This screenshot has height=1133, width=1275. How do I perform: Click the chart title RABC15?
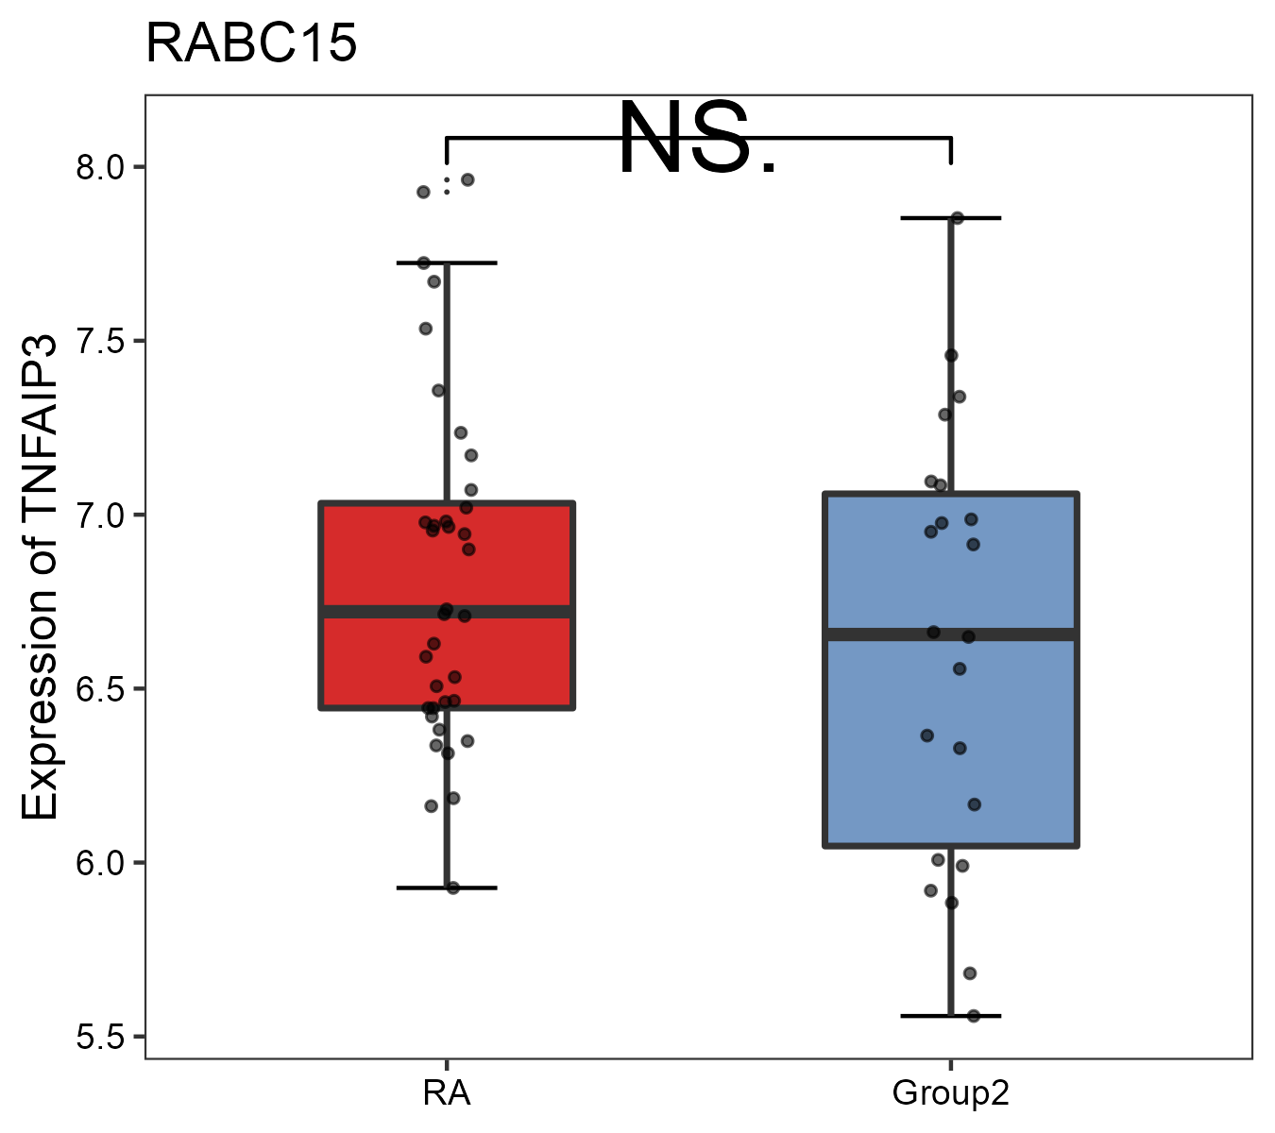click(x=251, y=43)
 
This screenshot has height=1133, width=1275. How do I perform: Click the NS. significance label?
click(x=697, y=140)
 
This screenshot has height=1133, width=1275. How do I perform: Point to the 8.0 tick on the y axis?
click(x=99, y=168)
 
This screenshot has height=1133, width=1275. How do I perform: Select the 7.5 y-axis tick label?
click(x=99, y=342)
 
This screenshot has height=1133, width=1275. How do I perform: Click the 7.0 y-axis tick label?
click(x=99, y=516)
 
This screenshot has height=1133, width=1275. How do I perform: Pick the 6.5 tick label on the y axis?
click(x=99, y=689)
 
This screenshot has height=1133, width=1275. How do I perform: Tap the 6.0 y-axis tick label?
click(x=99, y=863)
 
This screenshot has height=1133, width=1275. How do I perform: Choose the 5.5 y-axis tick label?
click(x=99, y=1037)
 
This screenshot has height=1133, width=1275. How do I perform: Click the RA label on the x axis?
click(x=446, y=1093)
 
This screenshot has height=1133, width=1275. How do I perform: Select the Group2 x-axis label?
click(x=950, y=1093)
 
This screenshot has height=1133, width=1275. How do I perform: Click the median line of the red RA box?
click(x=447, y=612)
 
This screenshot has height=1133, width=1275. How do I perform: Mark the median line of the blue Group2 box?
click(x=951, y=634)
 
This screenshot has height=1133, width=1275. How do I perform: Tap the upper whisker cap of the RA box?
click(x=447, y=262)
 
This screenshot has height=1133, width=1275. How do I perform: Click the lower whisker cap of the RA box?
click(x=447, y=888)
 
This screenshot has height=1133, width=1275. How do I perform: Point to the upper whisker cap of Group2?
click(x=951, y=218)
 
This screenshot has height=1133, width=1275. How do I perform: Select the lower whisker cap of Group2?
click(x=951, y=1016)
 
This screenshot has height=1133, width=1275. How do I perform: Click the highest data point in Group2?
click(x=957, y=218)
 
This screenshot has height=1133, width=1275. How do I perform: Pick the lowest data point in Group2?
click(x=974, y=1016)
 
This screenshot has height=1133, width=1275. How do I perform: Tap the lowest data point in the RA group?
click(x=452, y=888)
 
